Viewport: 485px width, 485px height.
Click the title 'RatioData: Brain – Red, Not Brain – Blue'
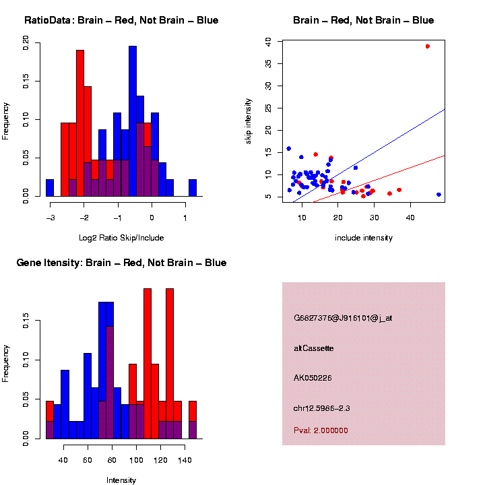tap(121, 20)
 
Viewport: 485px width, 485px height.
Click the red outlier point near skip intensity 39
tap(428, 46)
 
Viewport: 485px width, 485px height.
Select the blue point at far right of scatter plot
tap(439, 195)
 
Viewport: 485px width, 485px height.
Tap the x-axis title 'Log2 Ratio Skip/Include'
tap(121, 237)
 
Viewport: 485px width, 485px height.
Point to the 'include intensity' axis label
tap(364, 237)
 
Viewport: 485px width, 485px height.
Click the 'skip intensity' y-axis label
tap(248, 120)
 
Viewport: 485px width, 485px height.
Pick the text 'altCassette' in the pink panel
tap(314, 348)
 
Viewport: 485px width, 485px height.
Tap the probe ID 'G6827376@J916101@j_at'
tap(343, 318)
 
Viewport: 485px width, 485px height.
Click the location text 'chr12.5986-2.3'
tap(322, 408)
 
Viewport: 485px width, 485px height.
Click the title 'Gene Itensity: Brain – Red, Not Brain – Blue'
tap(121, 263)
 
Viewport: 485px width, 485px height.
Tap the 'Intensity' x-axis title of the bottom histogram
tap(121, 480)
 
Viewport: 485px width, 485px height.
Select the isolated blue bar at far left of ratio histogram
tap(50, 188)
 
